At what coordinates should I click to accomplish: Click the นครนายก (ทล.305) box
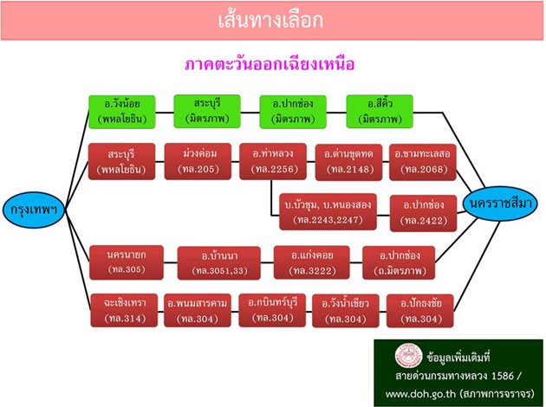(x=125, y=263)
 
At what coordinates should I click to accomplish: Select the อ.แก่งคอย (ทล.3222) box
(x=309, y=263)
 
